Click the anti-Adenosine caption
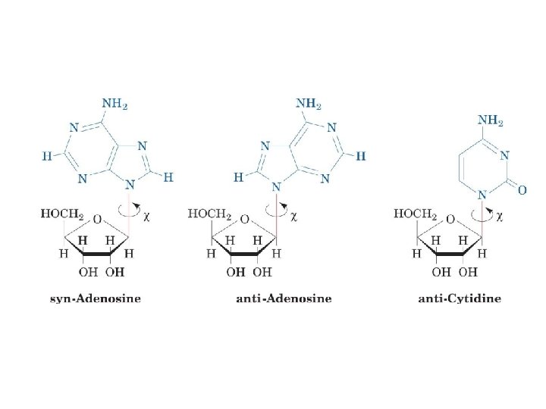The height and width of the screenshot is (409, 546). pyautogui.click(x=284, y=298)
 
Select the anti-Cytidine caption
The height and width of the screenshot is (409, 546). pyautogui.click(x=460, y=298)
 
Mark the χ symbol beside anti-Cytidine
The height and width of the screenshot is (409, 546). pyautogui.click(x=500, y=215)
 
